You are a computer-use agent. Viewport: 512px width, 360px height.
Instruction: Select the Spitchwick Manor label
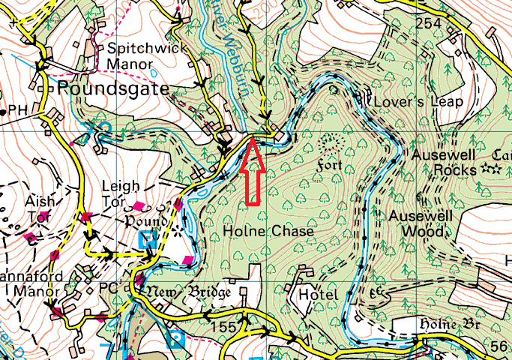coord(138,55)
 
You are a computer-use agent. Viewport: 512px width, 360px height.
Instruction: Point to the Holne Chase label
coord(268,232)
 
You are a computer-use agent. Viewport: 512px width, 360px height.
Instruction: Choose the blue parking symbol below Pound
coord(149,240)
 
